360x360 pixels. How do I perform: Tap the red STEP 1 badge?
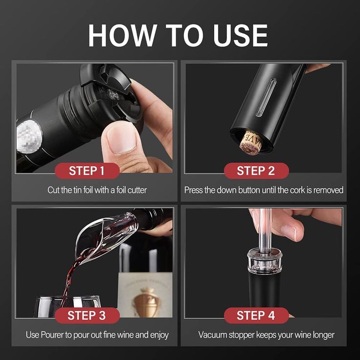tap(87, 171)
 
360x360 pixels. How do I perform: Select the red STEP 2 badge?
tap(256, 171)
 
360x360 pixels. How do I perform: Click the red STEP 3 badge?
tap(87, 315)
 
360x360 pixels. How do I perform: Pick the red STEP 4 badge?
tap(256, 315)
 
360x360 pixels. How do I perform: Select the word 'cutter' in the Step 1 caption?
tap(135, 190)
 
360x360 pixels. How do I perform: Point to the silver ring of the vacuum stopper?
tap(264, 259)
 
